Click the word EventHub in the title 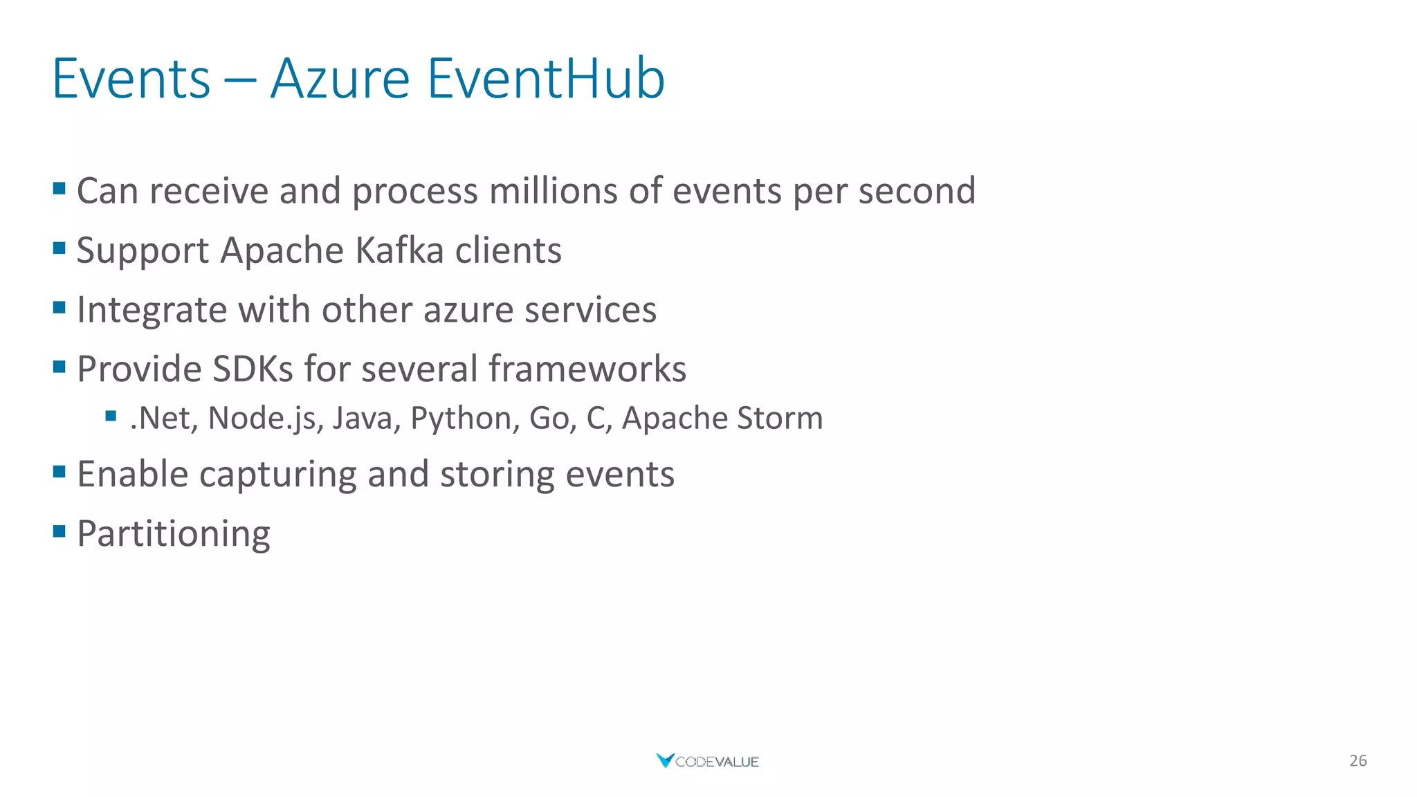(546, 79)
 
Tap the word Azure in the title (340, 79)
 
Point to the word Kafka (399, 250)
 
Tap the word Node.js (266, 419)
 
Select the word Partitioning (173, 534)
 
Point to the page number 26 (1357, 761)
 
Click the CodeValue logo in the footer (707, 761)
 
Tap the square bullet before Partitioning (60, 531)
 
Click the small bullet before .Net (111, 416)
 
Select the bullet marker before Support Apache (60, 248)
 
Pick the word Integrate (152, 310)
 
